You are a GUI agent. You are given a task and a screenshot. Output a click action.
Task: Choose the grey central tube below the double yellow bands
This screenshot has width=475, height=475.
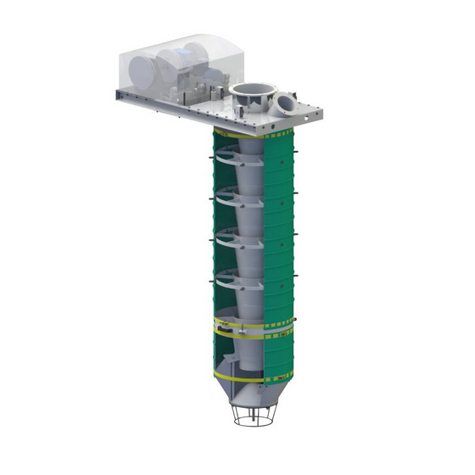pyautogui.click(x=255, y=356)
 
